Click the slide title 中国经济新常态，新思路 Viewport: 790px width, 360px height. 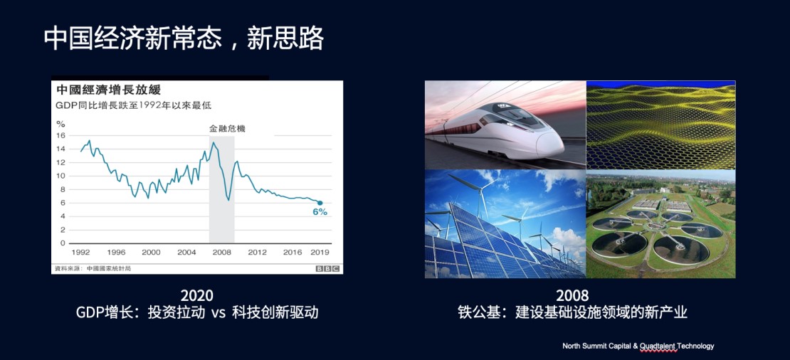coord(183,38)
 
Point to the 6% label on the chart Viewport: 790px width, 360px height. coord(320,212)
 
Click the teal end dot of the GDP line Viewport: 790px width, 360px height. coord(320,203)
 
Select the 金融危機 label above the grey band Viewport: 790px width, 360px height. coord(227,129)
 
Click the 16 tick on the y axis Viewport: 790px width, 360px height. coord(61,135)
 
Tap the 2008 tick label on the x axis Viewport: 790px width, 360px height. coord(221,253)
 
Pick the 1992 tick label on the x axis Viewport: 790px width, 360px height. coord(80,253)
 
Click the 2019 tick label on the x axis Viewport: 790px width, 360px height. coord(320,253)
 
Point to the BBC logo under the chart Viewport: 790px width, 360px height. coord(327,268)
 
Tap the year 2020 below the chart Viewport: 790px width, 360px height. coord(197,295)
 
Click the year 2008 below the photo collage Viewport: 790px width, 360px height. coord(572,295)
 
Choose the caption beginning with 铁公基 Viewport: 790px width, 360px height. coord(572,312)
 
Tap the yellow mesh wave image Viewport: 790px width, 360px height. coord(661,125)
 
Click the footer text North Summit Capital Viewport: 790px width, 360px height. coord(594,346)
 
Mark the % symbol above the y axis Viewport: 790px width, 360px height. coord(60,124)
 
